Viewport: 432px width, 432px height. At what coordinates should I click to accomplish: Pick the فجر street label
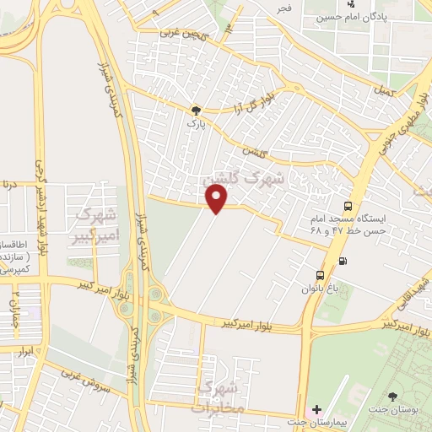pyautogui.click(x=283, y=8)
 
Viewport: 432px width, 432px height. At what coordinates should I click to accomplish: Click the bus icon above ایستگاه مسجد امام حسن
pyautogui.click(x=348, y=206)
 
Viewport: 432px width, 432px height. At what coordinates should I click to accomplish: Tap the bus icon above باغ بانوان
pyautogui.click(x=320, y=275)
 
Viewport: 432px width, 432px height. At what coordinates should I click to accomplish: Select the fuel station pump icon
pyautogui.click(x=342, y=260)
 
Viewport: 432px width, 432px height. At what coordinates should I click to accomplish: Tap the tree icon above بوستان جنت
pyautogui.click(x=393, y=396)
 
